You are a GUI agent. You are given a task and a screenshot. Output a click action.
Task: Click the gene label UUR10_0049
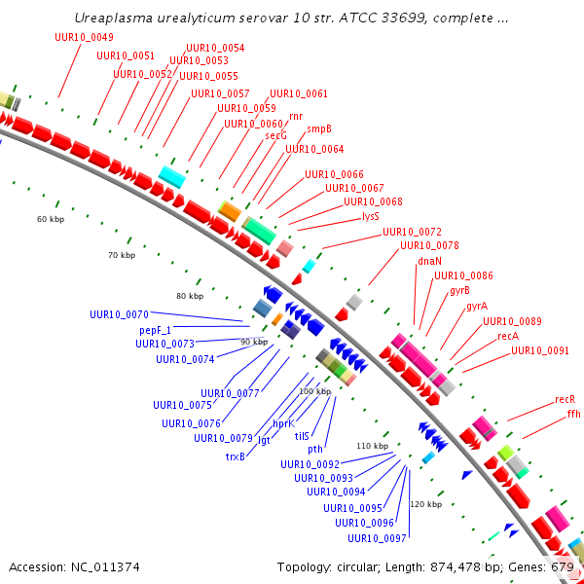tap(84, 37)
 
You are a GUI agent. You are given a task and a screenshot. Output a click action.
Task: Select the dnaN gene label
tap(429, 261)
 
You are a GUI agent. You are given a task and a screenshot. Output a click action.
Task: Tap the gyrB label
tap(459, 290)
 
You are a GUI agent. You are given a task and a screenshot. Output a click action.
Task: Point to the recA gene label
tap(508, 336)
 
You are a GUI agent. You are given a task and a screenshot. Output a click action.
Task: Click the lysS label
tap(371, 216)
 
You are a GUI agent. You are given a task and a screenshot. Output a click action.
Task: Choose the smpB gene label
tap(319, 128)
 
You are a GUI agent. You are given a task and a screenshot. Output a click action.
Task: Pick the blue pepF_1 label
tap(156, 330)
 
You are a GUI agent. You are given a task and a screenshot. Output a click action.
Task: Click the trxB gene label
tap(236, 456)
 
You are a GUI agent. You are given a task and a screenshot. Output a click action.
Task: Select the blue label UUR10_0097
tap(377, 538)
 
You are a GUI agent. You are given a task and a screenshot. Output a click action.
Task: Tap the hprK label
tap(284, 423)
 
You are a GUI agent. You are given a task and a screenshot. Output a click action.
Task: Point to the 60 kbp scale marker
tap(51, 219)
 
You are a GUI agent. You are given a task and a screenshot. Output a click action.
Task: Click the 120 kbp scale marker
tap(426, 504)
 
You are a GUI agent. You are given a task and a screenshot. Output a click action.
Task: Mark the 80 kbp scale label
tap(190, 296)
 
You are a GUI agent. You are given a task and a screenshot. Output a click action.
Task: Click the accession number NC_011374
tap(105, 567)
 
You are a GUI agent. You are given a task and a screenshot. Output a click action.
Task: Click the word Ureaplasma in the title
tap(114, 18)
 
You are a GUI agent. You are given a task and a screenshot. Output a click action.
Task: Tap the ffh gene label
tap(574, 414)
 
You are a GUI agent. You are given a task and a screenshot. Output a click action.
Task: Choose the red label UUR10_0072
tap(413, 232)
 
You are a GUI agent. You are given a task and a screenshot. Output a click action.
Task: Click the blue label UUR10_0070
tap(119, 314)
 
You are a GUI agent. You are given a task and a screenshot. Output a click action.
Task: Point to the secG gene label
tap(276, 136)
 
